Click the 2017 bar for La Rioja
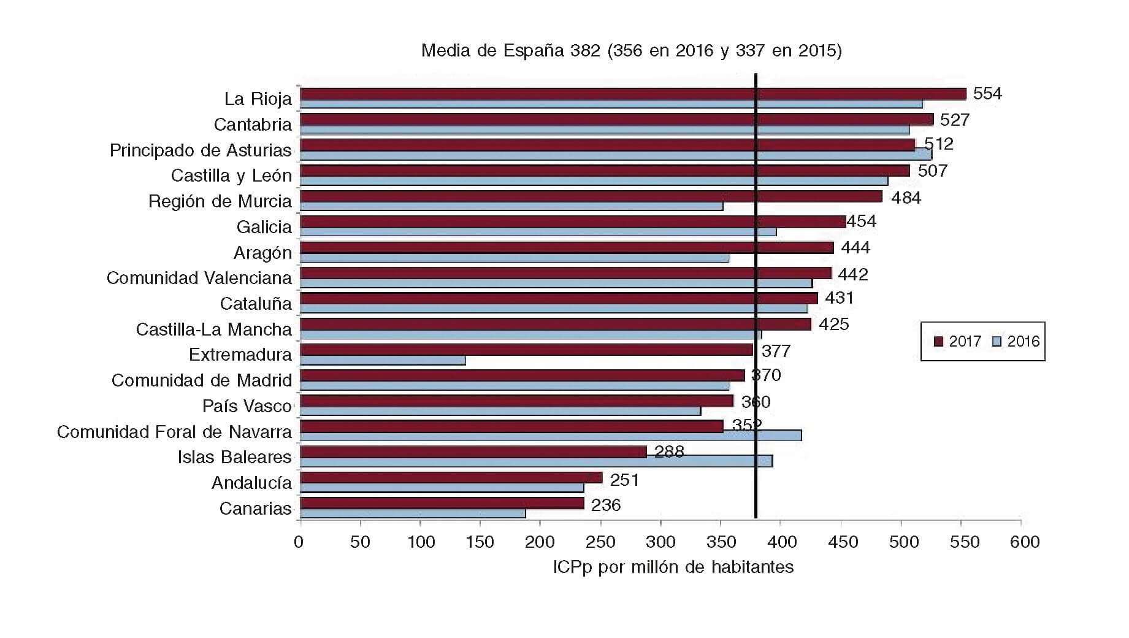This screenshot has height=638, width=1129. point(632,94)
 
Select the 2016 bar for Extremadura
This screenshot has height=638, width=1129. point(383,360)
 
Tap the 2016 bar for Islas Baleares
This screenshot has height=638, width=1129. point(536,461)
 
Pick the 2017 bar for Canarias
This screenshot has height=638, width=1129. point(442,503)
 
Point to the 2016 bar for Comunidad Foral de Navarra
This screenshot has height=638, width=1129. point(551,436)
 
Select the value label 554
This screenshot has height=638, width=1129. point(987,94)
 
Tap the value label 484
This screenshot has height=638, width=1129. point(906,198)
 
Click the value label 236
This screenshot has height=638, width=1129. point(606,505)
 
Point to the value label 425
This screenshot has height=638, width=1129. point(833,325)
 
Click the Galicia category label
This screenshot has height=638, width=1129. point(264,227)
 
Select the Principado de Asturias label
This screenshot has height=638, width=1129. point(201,150)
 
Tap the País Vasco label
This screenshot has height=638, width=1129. point(247,406)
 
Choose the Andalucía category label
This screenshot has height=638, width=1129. point(251,483)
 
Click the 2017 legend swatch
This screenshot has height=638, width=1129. point(938,341)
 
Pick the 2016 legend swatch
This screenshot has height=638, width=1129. point(997,341)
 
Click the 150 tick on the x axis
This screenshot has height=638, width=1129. point(480,542)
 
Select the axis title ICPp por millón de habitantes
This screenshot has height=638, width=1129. point(673,567)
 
